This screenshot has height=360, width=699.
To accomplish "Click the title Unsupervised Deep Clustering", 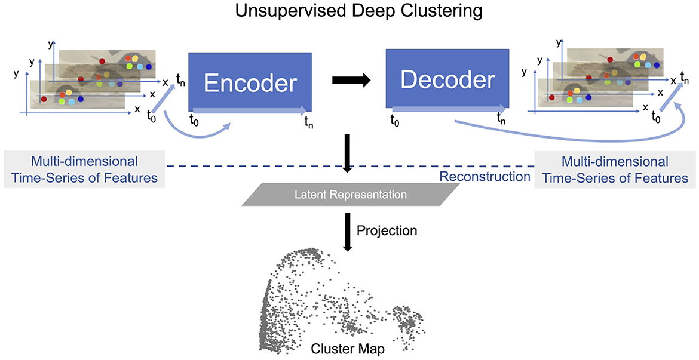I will click(x=349, y=11).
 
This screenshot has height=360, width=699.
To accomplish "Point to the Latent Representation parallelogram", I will click(x=349, y=195).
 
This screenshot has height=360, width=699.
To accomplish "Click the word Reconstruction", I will click(x=485, y=177).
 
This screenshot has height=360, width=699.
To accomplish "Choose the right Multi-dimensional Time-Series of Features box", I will click(x=615, y=170).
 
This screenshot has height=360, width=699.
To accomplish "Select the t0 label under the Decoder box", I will click(x=394, y=119).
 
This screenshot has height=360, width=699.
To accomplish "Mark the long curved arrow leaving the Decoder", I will click(x=574, y=140).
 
